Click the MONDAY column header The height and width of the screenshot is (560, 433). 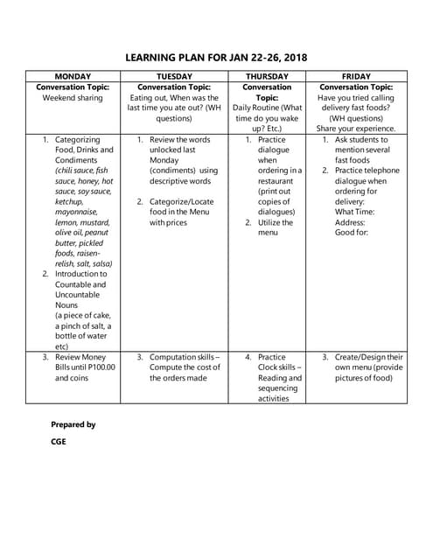[73, 77]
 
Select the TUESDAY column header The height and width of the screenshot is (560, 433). [173, 77]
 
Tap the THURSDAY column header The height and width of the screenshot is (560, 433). [267, 77]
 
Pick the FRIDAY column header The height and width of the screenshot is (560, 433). [356, 77]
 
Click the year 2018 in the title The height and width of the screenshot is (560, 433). [291, 58]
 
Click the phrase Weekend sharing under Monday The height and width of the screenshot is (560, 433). [73, 98]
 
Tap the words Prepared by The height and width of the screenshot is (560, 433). [73, 424]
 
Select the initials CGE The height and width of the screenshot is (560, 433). [59, 442]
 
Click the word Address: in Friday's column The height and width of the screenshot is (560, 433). [353, 222]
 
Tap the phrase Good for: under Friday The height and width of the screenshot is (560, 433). [353, 233]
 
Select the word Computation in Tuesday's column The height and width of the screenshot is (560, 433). [181, 357]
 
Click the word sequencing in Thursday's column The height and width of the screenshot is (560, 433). [279, 388]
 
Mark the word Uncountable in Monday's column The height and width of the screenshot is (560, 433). [80, 295]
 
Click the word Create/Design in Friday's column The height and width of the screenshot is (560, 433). [368, 357]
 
